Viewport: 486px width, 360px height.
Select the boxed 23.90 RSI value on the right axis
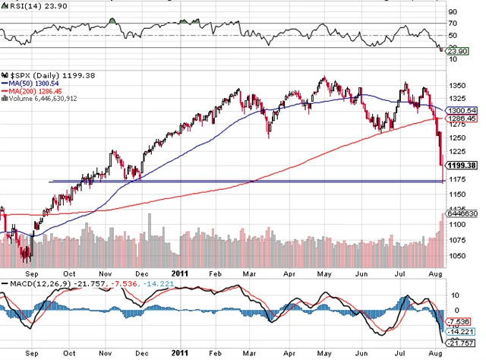455,50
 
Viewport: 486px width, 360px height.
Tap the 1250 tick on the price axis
457,138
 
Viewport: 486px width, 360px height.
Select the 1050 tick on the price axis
457,257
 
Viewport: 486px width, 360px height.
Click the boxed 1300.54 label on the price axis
460,111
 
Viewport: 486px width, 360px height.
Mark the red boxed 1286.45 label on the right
460,119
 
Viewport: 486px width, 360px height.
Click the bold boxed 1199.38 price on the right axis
461,165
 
